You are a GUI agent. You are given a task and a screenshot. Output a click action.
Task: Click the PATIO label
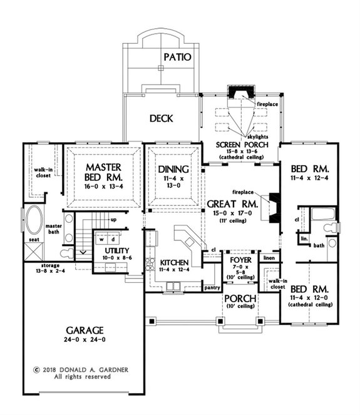177,57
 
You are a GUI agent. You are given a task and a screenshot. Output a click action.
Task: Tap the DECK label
161,118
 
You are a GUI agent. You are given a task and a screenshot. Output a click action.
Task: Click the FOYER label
240,259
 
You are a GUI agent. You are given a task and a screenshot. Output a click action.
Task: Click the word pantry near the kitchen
213,287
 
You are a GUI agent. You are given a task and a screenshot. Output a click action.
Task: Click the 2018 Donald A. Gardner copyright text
82,369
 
